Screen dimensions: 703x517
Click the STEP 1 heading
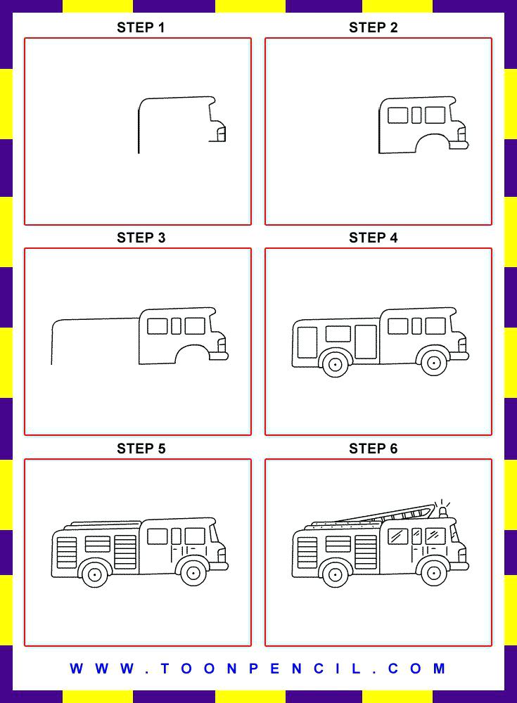tap(141, 27)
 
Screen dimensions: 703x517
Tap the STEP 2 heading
tap(373, 27)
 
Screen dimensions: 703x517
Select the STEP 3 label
tap(141, 238)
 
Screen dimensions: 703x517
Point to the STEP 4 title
tap(373, 238)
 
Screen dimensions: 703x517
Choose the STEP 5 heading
tap(141, 449)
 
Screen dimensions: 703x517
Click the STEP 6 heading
tap(373, 449)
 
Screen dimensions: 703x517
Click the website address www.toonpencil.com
tap(258, 669)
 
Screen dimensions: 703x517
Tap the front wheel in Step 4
tap(434, 363)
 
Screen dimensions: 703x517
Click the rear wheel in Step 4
tap(335, 363)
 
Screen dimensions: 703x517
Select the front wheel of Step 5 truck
tap(193, 573)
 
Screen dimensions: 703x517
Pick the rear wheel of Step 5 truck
tap(94, 574)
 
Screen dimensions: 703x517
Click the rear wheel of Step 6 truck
tap(335, 574)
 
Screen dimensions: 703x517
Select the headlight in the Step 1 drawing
tap(221, 133)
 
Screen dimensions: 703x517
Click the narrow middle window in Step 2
tap(416, 115)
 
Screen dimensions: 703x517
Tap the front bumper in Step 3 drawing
tap(219, 356)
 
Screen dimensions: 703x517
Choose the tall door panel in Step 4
tap(365, 342)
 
